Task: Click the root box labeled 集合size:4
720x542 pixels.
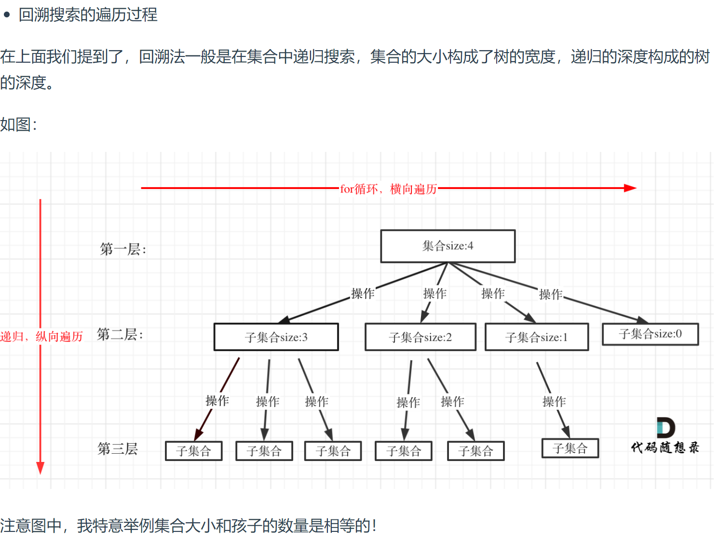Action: [x=448, y=246]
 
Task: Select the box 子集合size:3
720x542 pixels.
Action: [x=276, y=337]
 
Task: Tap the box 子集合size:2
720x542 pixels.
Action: [x=420, y=337]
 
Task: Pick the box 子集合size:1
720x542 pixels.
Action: [x=536, y=337]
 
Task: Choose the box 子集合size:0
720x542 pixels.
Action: [x=650, y=334]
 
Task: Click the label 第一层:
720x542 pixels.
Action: [x=123, y=249]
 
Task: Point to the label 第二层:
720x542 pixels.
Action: [x=120, y=334]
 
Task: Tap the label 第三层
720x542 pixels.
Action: [x=118, y=448]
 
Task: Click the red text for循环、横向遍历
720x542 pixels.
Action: [x=389, y=189]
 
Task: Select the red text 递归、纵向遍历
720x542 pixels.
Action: [x=41, y=337]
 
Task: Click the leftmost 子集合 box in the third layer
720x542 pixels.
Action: [x=193, y=451]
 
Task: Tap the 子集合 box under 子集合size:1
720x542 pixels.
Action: [x=570, y=448]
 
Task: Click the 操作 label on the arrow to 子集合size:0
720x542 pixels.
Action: [x=551, y=294]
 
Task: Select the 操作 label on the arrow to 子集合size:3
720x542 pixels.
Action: [x=363, y=293]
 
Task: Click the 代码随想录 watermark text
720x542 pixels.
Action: [x=665, y=447]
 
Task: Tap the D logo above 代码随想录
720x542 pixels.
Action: [x=666, y=428]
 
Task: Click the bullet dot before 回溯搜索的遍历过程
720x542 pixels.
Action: [x=7, y=15]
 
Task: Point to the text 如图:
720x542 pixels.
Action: [x=18, y=124]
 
